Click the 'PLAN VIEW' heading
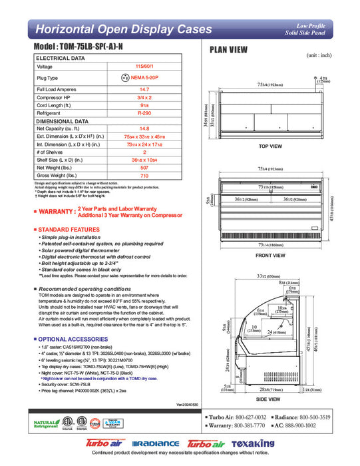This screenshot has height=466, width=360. pos(230,49)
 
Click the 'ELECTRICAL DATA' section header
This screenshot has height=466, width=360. pos(61,59)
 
